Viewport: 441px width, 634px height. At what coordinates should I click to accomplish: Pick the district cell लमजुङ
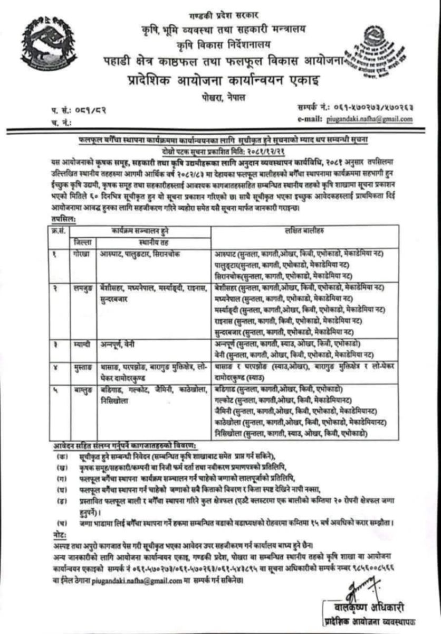[x=82, y=286]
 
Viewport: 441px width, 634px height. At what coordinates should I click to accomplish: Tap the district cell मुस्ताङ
[x=82, y=365]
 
